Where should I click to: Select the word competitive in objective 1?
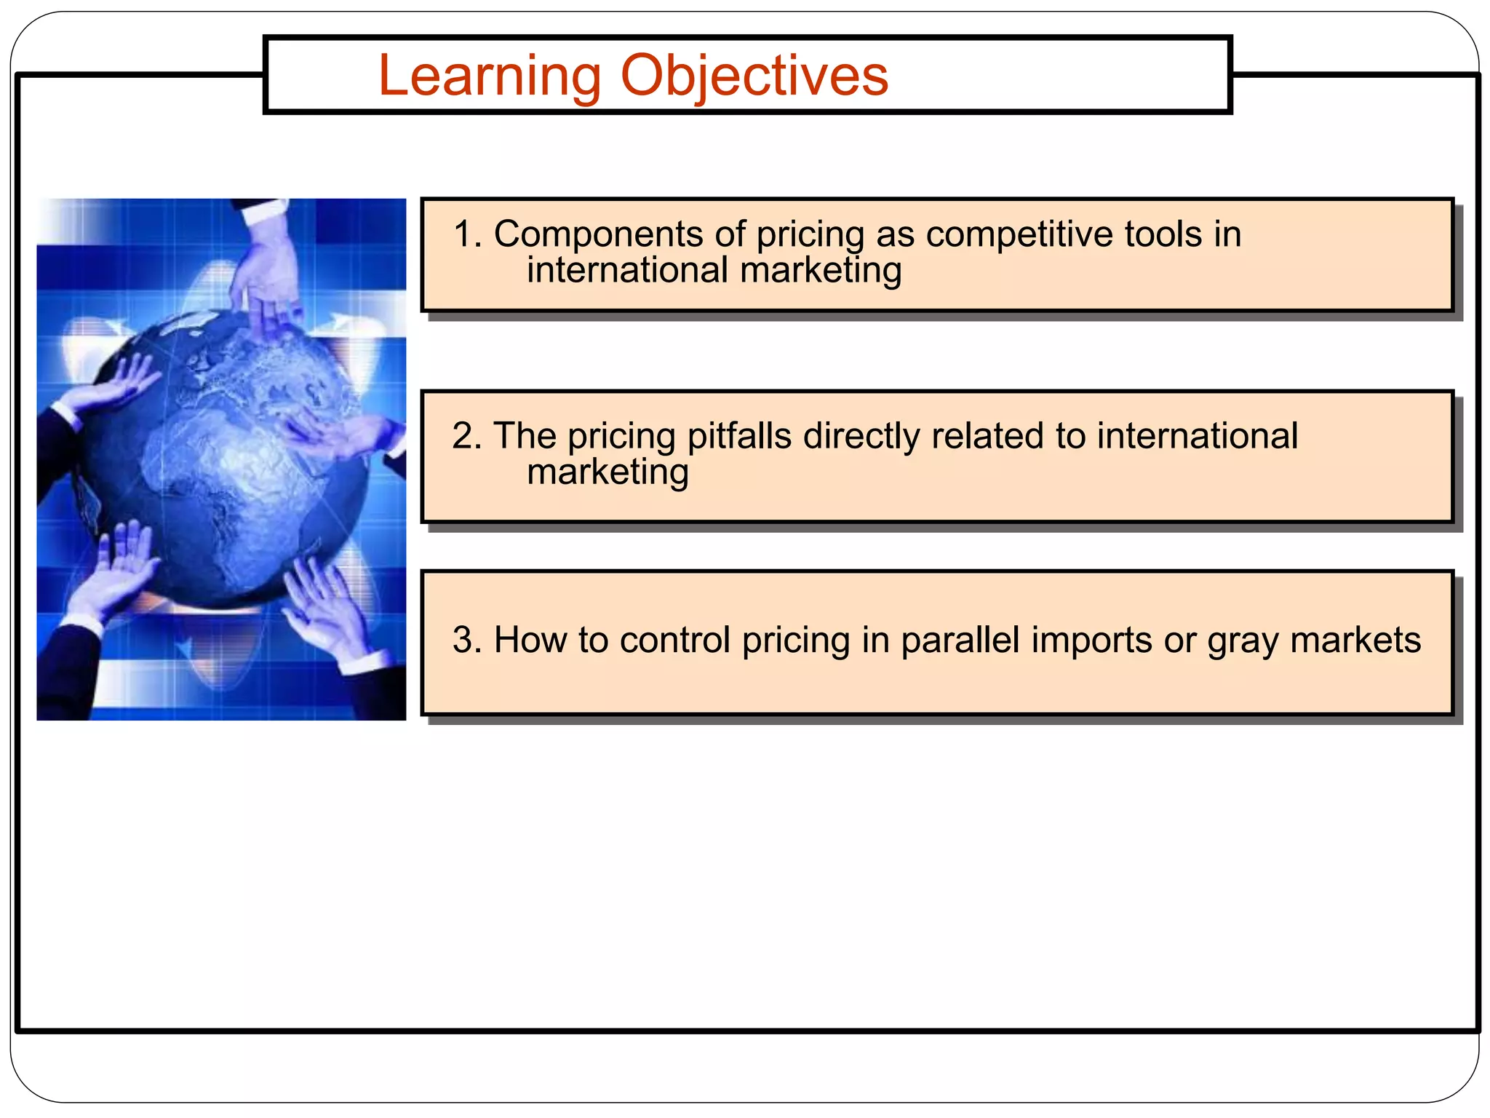click(x=1020, y=234)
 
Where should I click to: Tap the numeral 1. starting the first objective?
click(x=467, y=234)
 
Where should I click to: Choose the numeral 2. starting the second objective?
click(x=467, y=436)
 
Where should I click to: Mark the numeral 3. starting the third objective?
click(x=467, y=640)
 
